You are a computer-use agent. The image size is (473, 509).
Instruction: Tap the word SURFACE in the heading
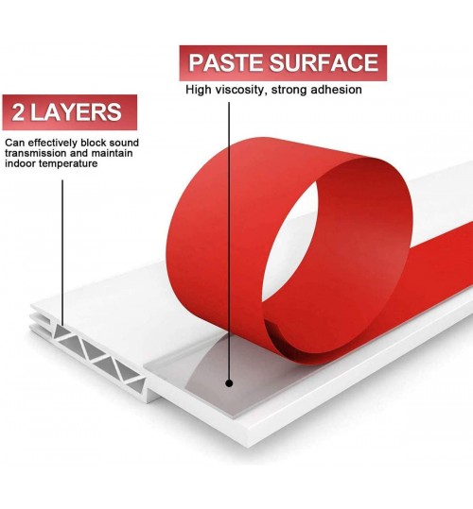tap(324, 62)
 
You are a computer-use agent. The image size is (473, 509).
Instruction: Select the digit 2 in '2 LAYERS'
tap(18, 112)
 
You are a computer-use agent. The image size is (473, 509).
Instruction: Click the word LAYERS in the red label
tap(76, 112)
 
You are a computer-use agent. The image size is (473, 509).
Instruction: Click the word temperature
tap(68, 164)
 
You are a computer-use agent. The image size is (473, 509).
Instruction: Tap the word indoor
tap(20, 163)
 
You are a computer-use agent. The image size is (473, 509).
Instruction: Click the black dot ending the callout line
tap(229, 383)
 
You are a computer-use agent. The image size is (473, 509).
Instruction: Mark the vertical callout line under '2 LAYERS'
tap(62, 253)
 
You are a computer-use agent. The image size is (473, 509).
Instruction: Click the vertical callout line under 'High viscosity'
tap(229, 241)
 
